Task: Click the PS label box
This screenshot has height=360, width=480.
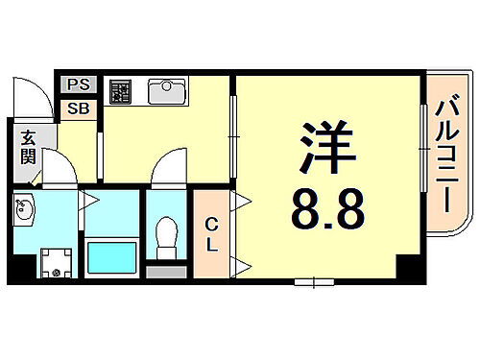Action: click(78, 85)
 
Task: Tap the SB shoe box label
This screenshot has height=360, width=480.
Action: click(78, 108)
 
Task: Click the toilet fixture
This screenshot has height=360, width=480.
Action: click(167, 235)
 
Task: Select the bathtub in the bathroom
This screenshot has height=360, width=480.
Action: click(113, 257)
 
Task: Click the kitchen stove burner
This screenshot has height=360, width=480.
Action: click(122, 91)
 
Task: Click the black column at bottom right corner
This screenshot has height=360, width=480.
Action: click(409, 271)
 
